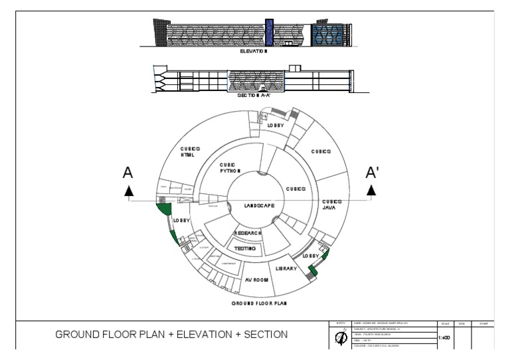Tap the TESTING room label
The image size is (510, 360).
tap(245, 248)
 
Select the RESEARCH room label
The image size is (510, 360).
tap(248, 234)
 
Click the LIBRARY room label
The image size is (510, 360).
tap(286, 268)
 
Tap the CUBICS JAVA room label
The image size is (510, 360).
tap(332, 205)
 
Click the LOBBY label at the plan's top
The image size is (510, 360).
tap(276, 125)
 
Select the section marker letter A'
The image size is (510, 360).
tap(373, 173)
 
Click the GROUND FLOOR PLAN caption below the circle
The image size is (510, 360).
tap(259, 304)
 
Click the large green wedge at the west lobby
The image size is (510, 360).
tap(163, 213)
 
